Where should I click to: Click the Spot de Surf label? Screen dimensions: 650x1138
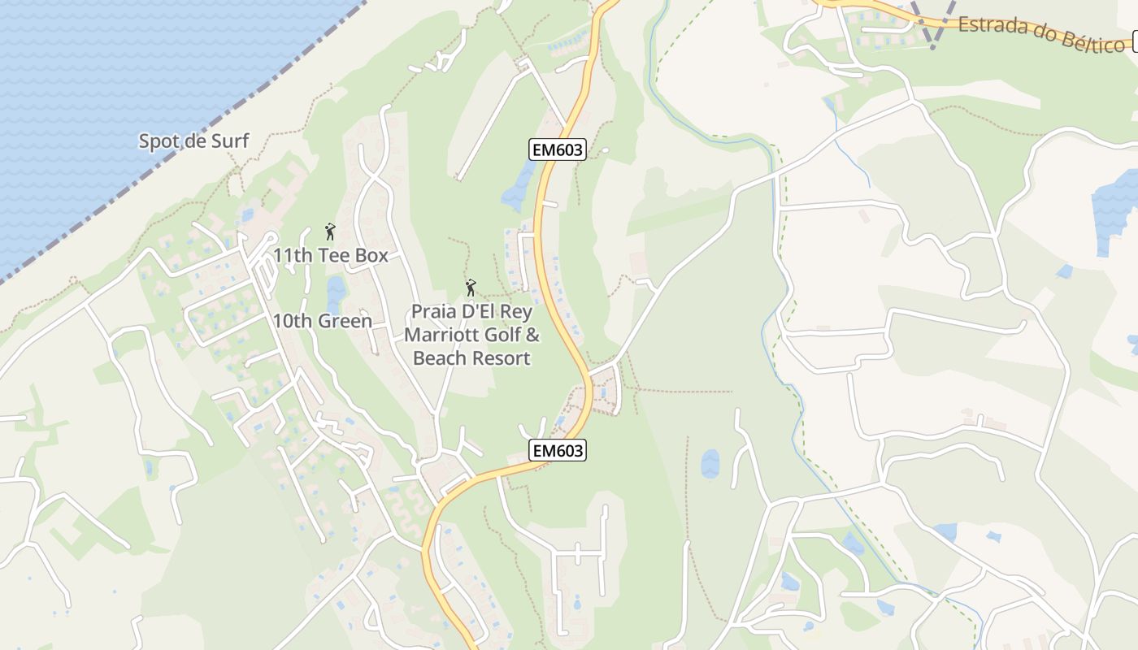(x=193, y=141)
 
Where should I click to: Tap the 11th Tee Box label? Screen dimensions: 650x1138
(x=330, y=255)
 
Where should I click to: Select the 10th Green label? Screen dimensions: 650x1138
(x=322, y=321)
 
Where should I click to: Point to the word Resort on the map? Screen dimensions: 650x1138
(x=497, y=358)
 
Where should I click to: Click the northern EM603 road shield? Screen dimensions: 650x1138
(x=558, y=149)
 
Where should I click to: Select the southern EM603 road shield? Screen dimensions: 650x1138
(x=558, y=450)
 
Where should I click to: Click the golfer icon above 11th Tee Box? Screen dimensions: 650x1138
(x=330, y=232)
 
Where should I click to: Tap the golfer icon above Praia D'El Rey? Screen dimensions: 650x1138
(x=471, y=288)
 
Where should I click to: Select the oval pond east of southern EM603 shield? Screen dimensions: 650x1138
(x=710, y=464)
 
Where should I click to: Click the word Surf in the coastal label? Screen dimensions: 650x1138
(x=230, y=141)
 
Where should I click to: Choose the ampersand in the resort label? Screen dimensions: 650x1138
(x=532, y=335)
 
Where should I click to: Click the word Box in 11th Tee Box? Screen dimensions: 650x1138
(x=371, y=255)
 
